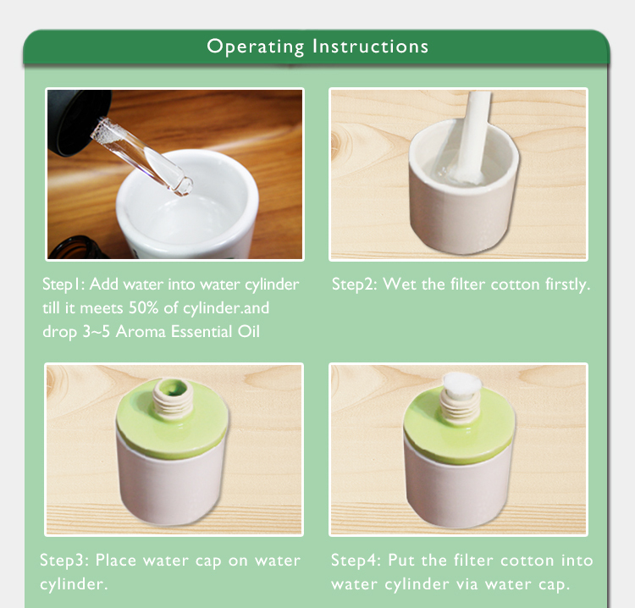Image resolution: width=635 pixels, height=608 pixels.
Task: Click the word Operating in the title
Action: (x=256, y=47)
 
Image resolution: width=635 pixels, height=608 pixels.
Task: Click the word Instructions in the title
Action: (x=371, y=47)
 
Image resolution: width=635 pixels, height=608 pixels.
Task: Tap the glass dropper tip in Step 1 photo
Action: (x=184, y=187)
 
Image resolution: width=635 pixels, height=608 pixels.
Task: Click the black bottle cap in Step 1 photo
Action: (x=79, y=122)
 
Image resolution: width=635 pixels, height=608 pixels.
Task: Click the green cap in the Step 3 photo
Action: (x=172, y=418)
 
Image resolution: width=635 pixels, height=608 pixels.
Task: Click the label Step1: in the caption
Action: (x=63, y=285)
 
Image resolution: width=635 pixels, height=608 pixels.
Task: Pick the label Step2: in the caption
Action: (x=355, y=285)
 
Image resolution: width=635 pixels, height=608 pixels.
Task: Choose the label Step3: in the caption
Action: (x=64, y=561)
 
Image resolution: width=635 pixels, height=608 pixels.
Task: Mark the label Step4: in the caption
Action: (x=356, y=561)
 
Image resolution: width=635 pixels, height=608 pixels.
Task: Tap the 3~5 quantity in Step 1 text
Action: (x=97, y=332)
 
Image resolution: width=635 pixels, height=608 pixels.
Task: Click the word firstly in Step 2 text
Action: (x=567, y=285)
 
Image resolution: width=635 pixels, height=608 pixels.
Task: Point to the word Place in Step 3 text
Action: (x=116, y=561)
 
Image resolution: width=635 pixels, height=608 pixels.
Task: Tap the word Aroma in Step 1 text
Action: (x=141, y=332)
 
